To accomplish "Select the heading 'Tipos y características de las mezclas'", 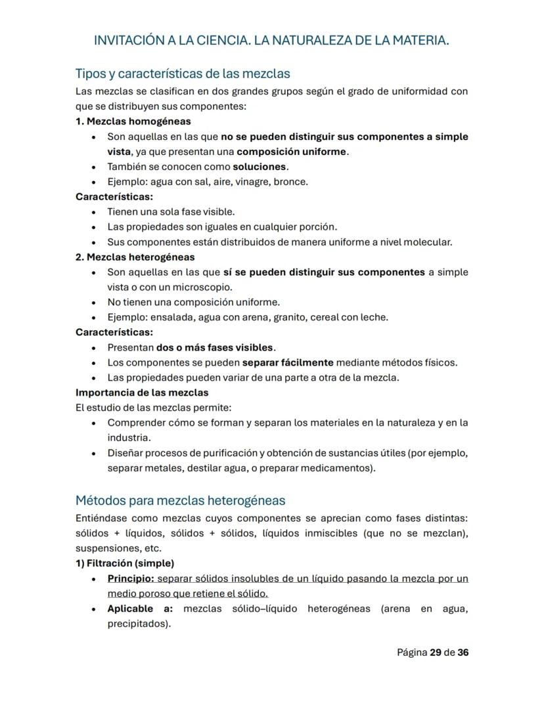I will [x=183, y=73].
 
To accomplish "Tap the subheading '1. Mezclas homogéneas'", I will [x=133, y=121].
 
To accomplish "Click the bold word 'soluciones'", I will [x=260, y=167].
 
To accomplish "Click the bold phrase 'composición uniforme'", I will [x=292, y=152].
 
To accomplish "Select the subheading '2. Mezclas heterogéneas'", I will [x=135, y=257].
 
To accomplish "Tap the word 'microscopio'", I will [x=204, y=288].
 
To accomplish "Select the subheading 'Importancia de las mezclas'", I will [x=142, y=393].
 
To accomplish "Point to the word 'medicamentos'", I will [x=339, y=469].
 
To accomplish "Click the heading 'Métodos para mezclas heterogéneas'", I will [x=180, y=501].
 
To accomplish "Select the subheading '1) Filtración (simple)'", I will [x=125, y=563].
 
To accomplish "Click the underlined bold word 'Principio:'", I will [x=131, y=579].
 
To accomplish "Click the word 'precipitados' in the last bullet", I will [x=138, y=624].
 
